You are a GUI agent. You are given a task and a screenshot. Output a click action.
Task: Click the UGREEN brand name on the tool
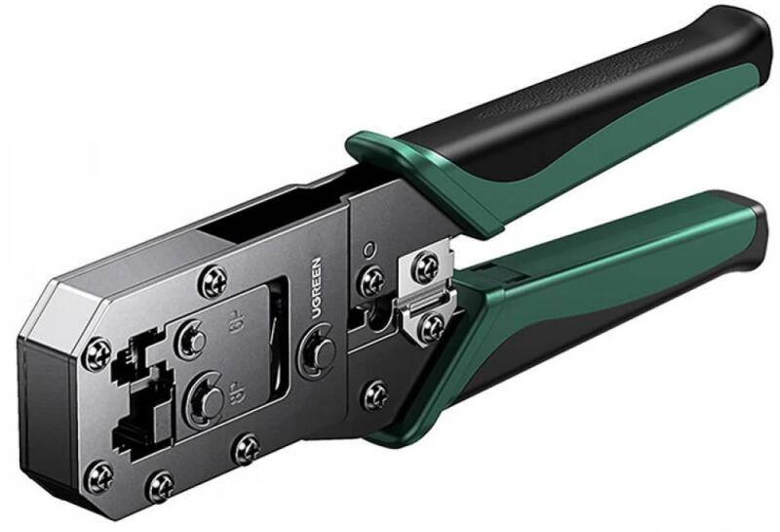coord(316,288)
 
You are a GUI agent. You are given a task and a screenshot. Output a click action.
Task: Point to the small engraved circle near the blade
coord(369,248)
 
